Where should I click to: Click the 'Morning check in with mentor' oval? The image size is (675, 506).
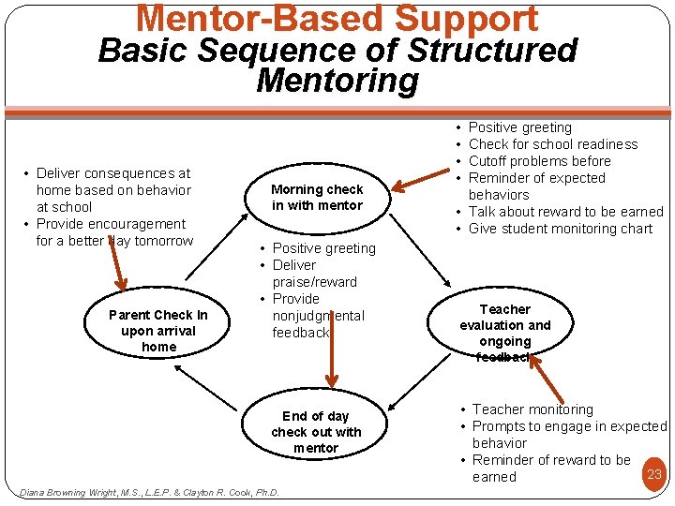(x=317, y=197)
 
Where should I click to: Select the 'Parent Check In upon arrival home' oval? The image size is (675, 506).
(x=158, y=331)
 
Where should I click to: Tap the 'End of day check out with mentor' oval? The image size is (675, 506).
(x=316, y=432)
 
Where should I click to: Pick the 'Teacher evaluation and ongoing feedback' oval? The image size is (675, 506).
(x=504, y=332)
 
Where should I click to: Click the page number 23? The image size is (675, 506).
(x=654, y=474)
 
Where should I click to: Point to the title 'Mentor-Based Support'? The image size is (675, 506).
(x=337, y=19)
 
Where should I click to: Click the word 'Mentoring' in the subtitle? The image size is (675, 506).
(x=337, y=81)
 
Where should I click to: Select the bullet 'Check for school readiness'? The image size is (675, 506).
(x=552, y=144)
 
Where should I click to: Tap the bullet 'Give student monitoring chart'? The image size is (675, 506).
(x=560, y=229)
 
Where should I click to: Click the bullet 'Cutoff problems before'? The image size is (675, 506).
(x=539, y=161)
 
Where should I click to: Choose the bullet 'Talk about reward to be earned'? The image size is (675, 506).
(x=565, y=212)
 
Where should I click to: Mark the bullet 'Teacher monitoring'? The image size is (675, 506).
(x=532, y=409)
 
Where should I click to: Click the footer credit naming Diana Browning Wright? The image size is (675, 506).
(x=149, y=492)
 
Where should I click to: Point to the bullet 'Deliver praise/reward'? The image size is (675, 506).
(x=313, y=273)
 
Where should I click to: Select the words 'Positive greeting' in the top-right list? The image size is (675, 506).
(x=519, y=127)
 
